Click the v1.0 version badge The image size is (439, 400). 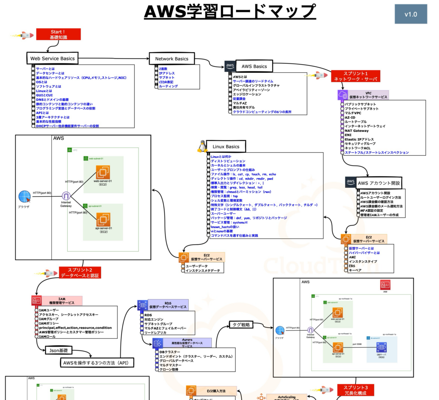click(411, 15)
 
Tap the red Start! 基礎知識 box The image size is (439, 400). click(58, 35)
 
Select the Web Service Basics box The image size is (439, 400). click(52, 59)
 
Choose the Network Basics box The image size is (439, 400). click(171, 59)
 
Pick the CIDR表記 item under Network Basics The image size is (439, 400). click(166, 82)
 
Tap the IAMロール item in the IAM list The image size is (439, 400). click(48, 337)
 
